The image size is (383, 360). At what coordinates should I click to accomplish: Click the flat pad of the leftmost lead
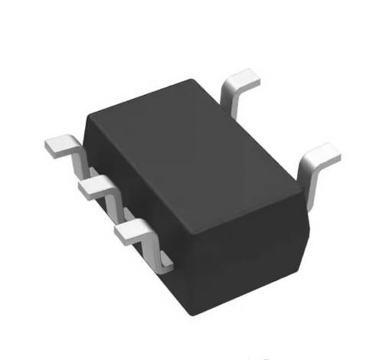coord(60,145)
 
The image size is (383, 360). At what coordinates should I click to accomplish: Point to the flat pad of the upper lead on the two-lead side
coord(244,79)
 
